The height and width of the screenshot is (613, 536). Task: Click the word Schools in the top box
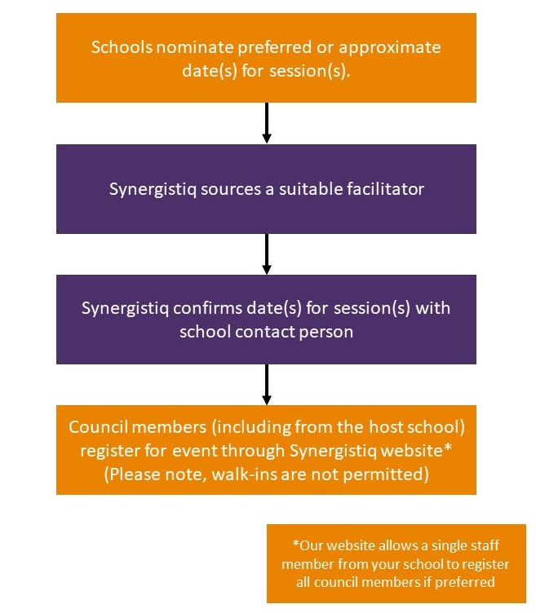point(122,47)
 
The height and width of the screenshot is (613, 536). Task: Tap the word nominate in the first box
point(195,47)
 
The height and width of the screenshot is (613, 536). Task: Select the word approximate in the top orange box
point(390,48)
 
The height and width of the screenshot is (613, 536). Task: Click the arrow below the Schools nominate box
point(267,123)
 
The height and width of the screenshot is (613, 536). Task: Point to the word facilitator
point(385,189)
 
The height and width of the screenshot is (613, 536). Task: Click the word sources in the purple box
point(231,189)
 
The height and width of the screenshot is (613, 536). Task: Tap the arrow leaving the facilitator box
point(267,254)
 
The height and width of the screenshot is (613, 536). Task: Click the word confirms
point(208,308)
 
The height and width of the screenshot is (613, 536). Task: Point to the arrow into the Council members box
point(267,385)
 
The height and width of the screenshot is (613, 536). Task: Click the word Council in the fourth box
point(98,427)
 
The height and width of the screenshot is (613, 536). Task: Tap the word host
point(386,427)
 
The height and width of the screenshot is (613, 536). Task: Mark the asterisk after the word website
point(448,447)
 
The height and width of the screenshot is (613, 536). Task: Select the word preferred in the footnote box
point(465,583)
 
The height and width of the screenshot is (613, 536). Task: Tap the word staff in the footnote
point(485,545)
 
